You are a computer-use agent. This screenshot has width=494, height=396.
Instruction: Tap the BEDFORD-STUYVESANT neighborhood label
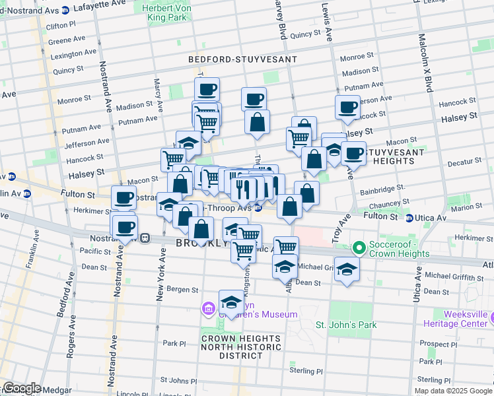242,59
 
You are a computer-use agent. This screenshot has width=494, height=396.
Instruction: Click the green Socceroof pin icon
359,248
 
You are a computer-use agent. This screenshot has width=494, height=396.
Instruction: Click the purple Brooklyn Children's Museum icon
209,308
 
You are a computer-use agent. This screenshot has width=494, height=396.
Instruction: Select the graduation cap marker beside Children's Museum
231,302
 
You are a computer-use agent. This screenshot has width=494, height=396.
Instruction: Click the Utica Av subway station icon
409,218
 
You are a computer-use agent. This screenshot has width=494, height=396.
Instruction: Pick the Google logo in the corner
21,387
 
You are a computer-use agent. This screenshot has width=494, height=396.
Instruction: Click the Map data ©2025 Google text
453,391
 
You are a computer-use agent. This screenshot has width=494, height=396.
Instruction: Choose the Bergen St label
183,290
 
